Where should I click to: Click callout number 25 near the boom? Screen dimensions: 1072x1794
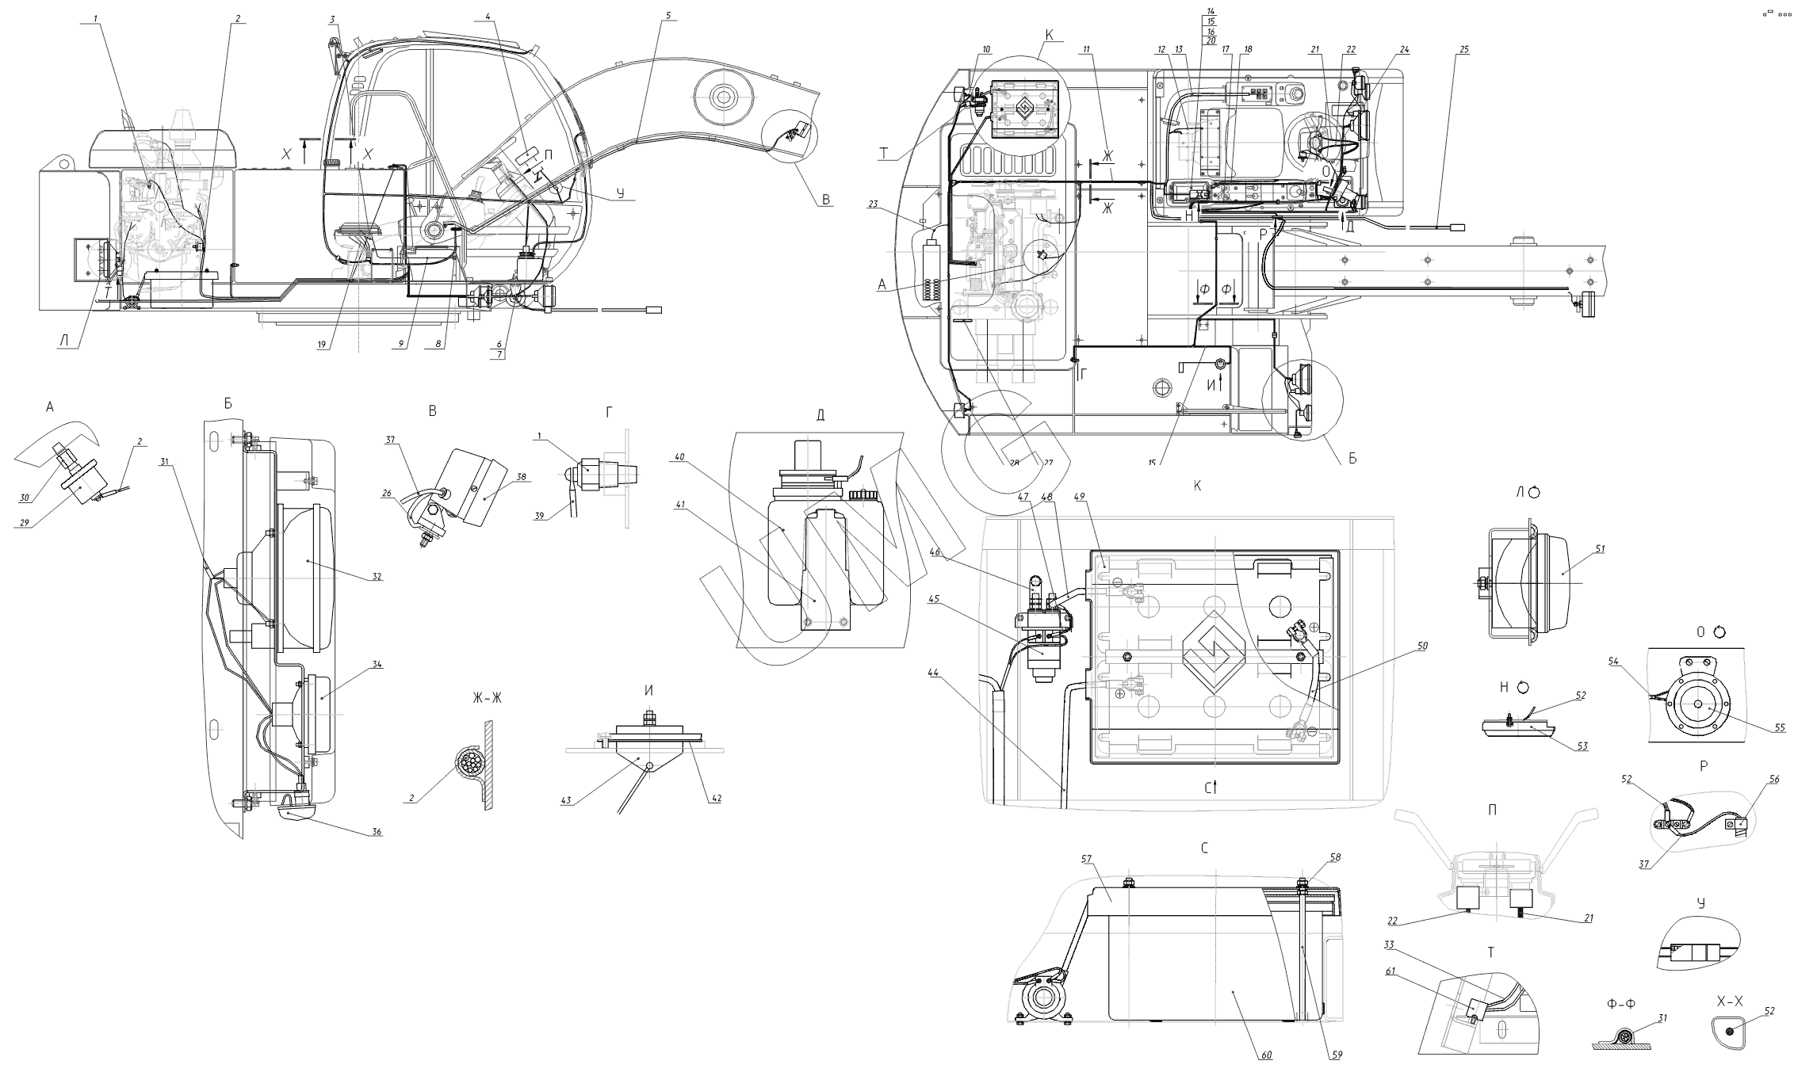(x=1463, y=49)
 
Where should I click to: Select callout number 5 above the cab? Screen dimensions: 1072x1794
(x=667, y=15)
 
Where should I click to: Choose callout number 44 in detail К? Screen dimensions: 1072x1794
(x=934, y=673)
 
